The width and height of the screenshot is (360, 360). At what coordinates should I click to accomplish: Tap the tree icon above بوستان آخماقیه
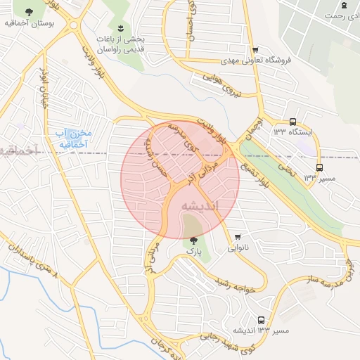[x=28, y=13]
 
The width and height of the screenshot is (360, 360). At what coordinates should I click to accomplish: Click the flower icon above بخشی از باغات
[x=121, y=28]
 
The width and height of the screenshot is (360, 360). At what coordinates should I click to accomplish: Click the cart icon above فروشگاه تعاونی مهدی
[x=255, y=50]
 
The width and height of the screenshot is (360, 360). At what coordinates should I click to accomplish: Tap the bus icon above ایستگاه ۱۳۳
[x=292, y=121]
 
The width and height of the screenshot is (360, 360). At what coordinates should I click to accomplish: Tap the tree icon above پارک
[x=193, y=240]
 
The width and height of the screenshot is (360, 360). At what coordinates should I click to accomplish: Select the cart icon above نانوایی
[x=238, y=236]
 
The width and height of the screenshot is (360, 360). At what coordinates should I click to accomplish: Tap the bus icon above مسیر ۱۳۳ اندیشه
[x=262, y=320]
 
